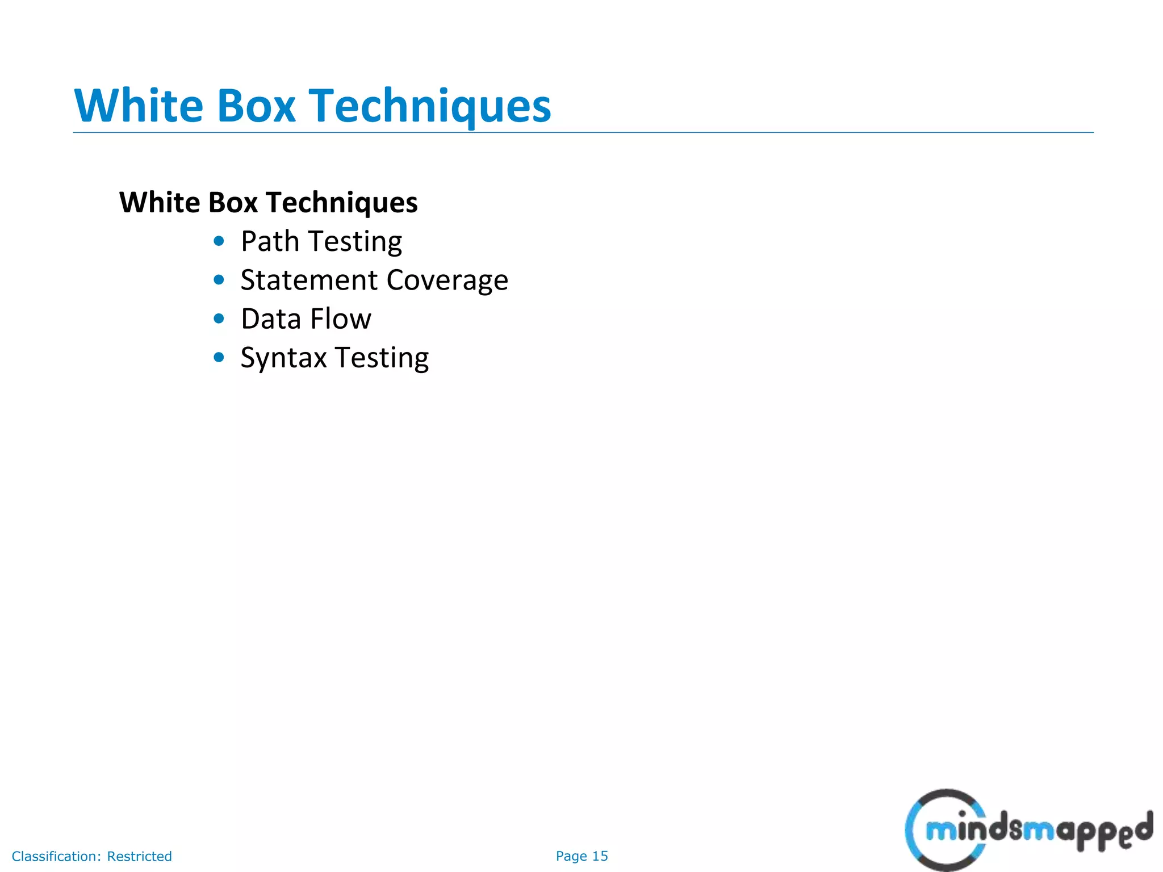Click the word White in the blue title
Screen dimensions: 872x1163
(139, 106)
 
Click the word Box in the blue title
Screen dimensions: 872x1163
(256, 106)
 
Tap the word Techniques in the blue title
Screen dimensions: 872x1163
(430, 107)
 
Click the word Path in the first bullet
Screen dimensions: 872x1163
(270, 241)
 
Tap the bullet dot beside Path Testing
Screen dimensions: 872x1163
(219, 241)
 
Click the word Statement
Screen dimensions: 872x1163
(309, 280)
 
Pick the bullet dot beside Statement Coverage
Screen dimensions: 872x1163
(219, 280)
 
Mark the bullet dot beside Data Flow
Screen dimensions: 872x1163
(219, 318)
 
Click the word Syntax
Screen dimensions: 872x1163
(283, 358)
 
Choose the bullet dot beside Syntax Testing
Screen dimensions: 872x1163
(219, 357)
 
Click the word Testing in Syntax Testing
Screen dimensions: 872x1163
(382, 358)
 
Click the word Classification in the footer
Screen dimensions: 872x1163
(56, 856)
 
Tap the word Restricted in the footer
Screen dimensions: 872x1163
(139, 856)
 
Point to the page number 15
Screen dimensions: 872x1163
(600, 856)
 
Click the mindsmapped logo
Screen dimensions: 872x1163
(1028, 830)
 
